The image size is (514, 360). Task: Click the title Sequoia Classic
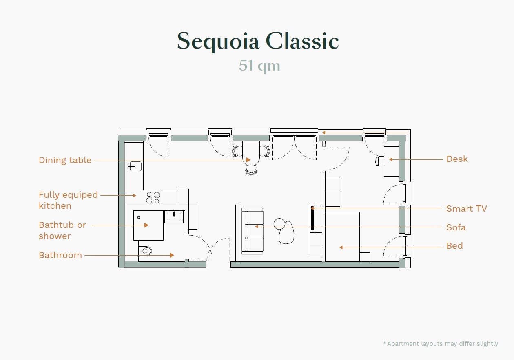click(258, 41)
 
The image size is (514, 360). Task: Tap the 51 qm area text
click(259, 66)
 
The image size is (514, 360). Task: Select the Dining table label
click(65, 160)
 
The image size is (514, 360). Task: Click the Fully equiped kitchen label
click(68, 200)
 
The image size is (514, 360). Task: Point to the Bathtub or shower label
click(62, 230)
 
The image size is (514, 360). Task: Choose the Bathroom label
click(60, 255)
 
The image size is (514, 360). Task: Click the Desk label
click(457, 159)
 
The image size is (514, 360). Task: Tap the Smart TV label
click(466, 209)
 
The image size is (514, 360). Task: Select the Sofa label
click(456, 227)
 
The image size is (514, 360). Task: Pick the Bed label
click(454, 246)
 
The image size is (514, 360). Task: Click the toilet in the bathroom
click(146, 250)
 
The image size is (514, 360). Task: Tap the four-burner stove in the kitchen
click(153, 198)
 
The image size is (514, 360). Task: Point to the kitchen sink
click(135, 166)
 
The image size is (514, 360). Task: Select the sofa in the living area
click(252, 231)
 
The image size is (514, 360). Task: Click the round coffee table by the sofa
click(279, 223)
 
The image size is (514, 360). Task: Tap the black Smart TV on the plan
click(312, 219)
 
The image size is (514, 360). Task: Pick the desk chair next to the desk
click(378, 161)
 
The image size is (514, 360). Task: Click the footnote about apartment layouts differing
click(441, 344)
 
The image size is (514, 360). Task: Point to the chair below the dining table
click(251, 170)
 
